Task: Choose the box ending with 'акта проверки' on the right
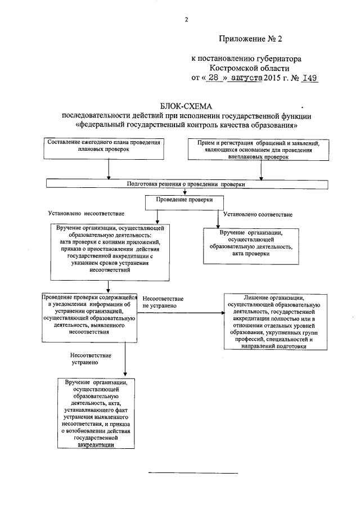coord(250,243)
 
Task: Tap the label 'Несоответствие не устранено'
coord(163,301)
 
